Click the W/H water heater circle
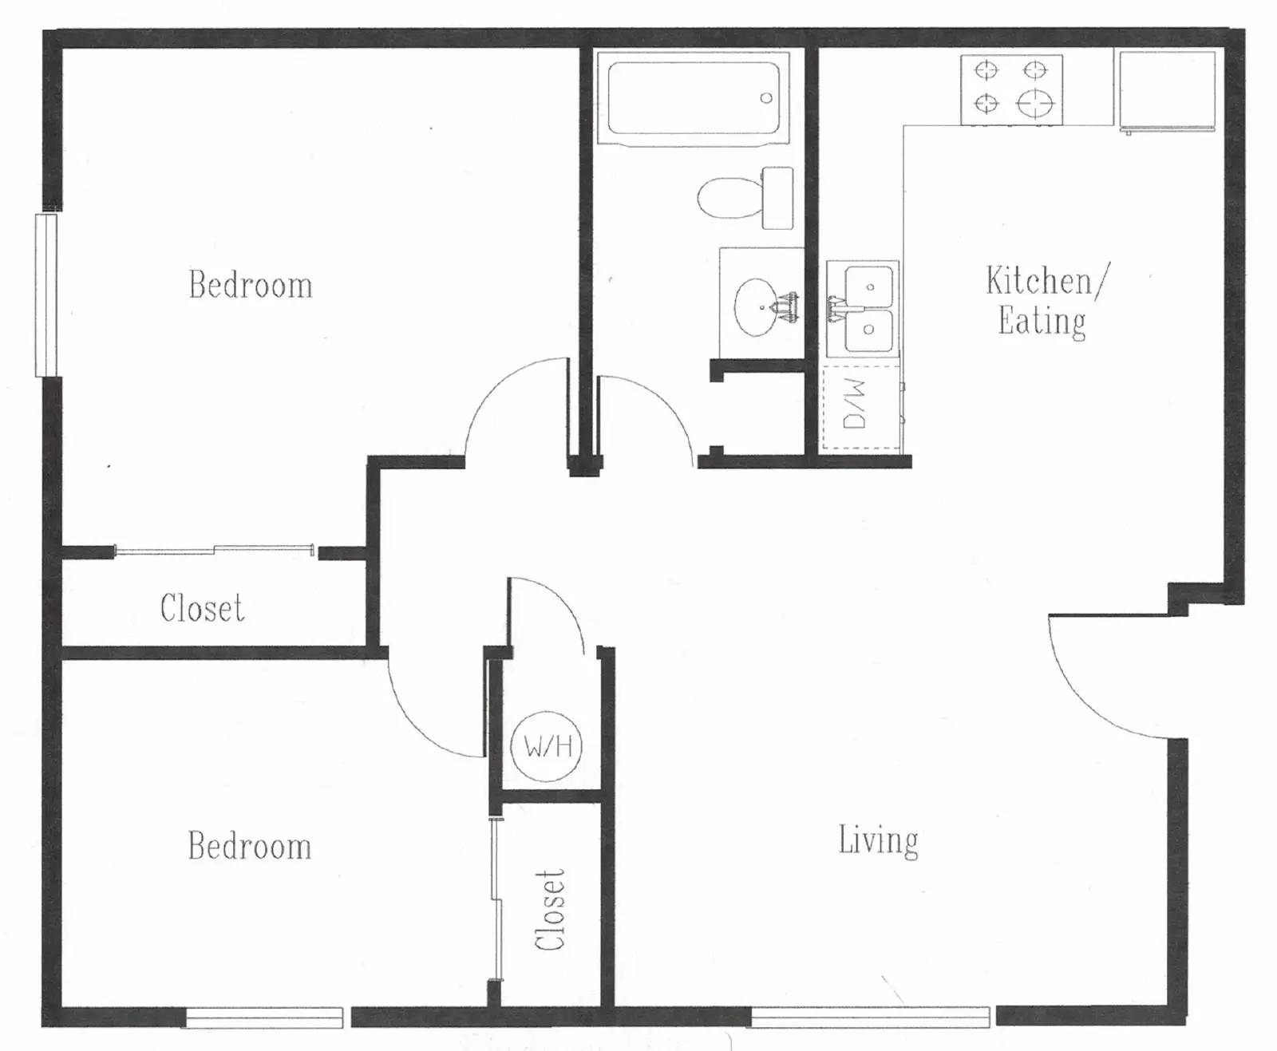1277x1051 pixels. tap(547, 746)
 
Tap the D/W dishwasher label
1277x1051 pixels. tap(855, 404)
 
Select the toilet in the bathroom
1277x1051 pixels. tap(744, 197)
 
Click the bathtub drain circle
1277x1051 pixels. tap(766, 98)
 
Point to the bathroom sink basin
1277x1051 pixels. tap(758, 306)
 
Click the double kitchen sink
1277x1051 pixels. tap(864, 307)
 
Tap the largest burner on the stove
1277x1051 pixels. tap(1036, 103)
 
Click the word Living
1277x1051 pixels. tap(878, 841)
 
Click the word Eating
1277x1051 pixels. tap(1042, 322)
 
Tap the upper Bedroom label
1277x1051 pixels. tap(250, 285)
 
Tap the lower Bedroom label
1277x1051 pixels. tap(250, 846)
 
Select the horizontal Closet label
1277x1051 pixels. tap(202, 608)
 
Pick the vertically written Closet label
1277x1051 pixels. tap(550, 910)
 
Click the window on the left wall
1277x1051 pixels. tap(46, 294)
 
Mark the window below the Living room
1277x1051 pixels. tap(870, 1017)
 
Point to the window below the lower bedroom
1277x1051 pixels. tap(264, 1017)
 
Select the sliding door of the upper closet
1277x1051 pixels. tap(214, 549)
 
